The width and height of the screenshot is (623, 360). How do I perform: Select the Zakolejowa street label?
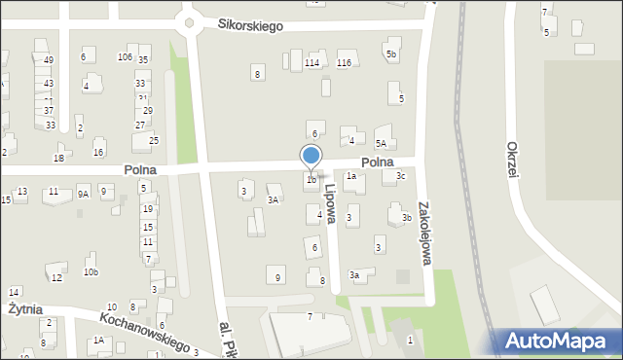click(422, 234)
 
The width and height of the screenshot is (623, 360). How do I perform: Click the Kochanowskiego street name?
click(143, 332)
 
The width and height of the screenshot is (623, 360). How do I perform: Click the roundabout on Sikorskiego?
click(189, 21)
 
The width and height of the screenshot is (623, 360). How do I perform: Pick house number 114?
click(311, 63)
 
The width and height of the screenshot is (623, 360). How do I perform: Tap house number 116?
click(343, 63)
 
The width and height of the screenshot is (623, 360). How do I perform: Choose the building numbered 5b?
click(391, 54)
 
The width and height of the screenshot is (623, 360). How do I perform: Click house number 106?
click(125, 57)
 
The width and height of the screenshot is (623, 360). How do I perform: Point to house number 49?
click(49, 60)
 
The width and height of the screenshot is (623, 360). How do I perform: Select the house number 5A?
click(382, 143)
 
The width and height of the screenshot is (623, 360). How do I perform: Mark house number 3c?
click(400, 176)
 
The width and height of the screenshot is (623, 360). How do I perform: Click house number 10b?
click(91, 272)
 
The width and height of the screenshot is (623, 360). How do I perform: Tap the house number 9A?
click(83, 194)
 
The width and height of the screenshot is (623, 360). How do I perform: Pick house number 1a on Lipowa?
click(350, 177)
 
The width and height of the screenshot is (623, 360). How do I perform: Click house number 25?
click(153, 141)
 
